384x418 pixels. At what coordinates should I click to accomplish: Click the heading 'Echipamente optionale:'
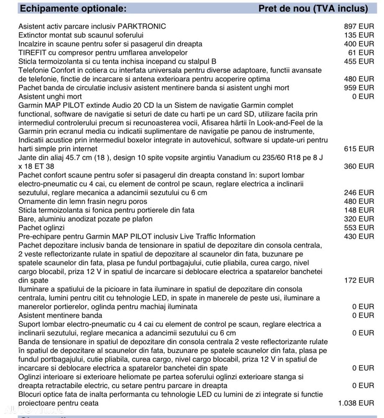[x=73, y=8]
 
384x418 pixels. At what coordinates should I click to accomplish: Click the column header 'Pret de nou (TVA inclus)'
[x=313, y=8]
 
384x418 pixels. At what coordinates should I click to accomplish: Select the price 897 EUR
[x=359, y=26]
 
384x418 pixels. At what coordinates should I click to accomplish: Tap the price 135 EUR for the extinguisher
[x=359, y=35]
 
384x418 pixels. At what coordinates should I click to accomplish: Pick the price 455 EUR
[x=359, y=62]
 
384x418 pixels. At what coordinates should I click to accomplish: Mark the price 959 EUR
[x=359, y=88]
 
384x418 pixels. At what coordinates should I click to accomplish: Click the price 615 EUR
[x=359, y=149]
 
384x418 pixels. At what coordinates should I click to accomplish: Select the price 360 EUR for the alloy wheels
[x=359, y=167]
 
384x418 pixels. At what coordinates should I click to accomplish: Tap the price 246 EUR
[x=359, y=193]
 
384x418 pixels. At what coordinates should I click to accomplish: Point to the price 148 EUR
[x=359, y=210]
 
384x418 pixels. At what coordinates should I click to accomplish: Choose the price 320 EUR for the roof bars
[x=359, y=219]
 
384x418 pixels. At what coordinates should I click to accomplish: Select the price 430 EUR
[x=359, y=236]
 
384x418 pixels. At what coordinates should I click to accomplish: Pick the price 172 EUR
[x=359, y=280]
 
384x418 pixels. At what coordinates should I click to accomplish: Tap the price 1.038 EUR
[x=356, y=403]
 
